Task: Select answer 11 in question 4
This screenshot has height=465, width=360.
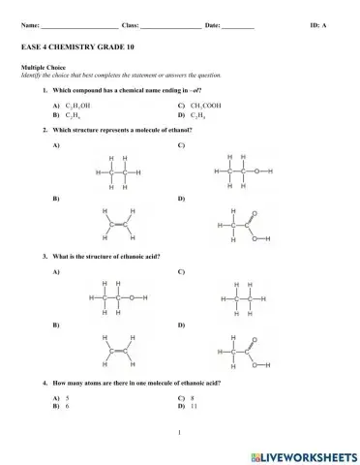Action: coord(195,406)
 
